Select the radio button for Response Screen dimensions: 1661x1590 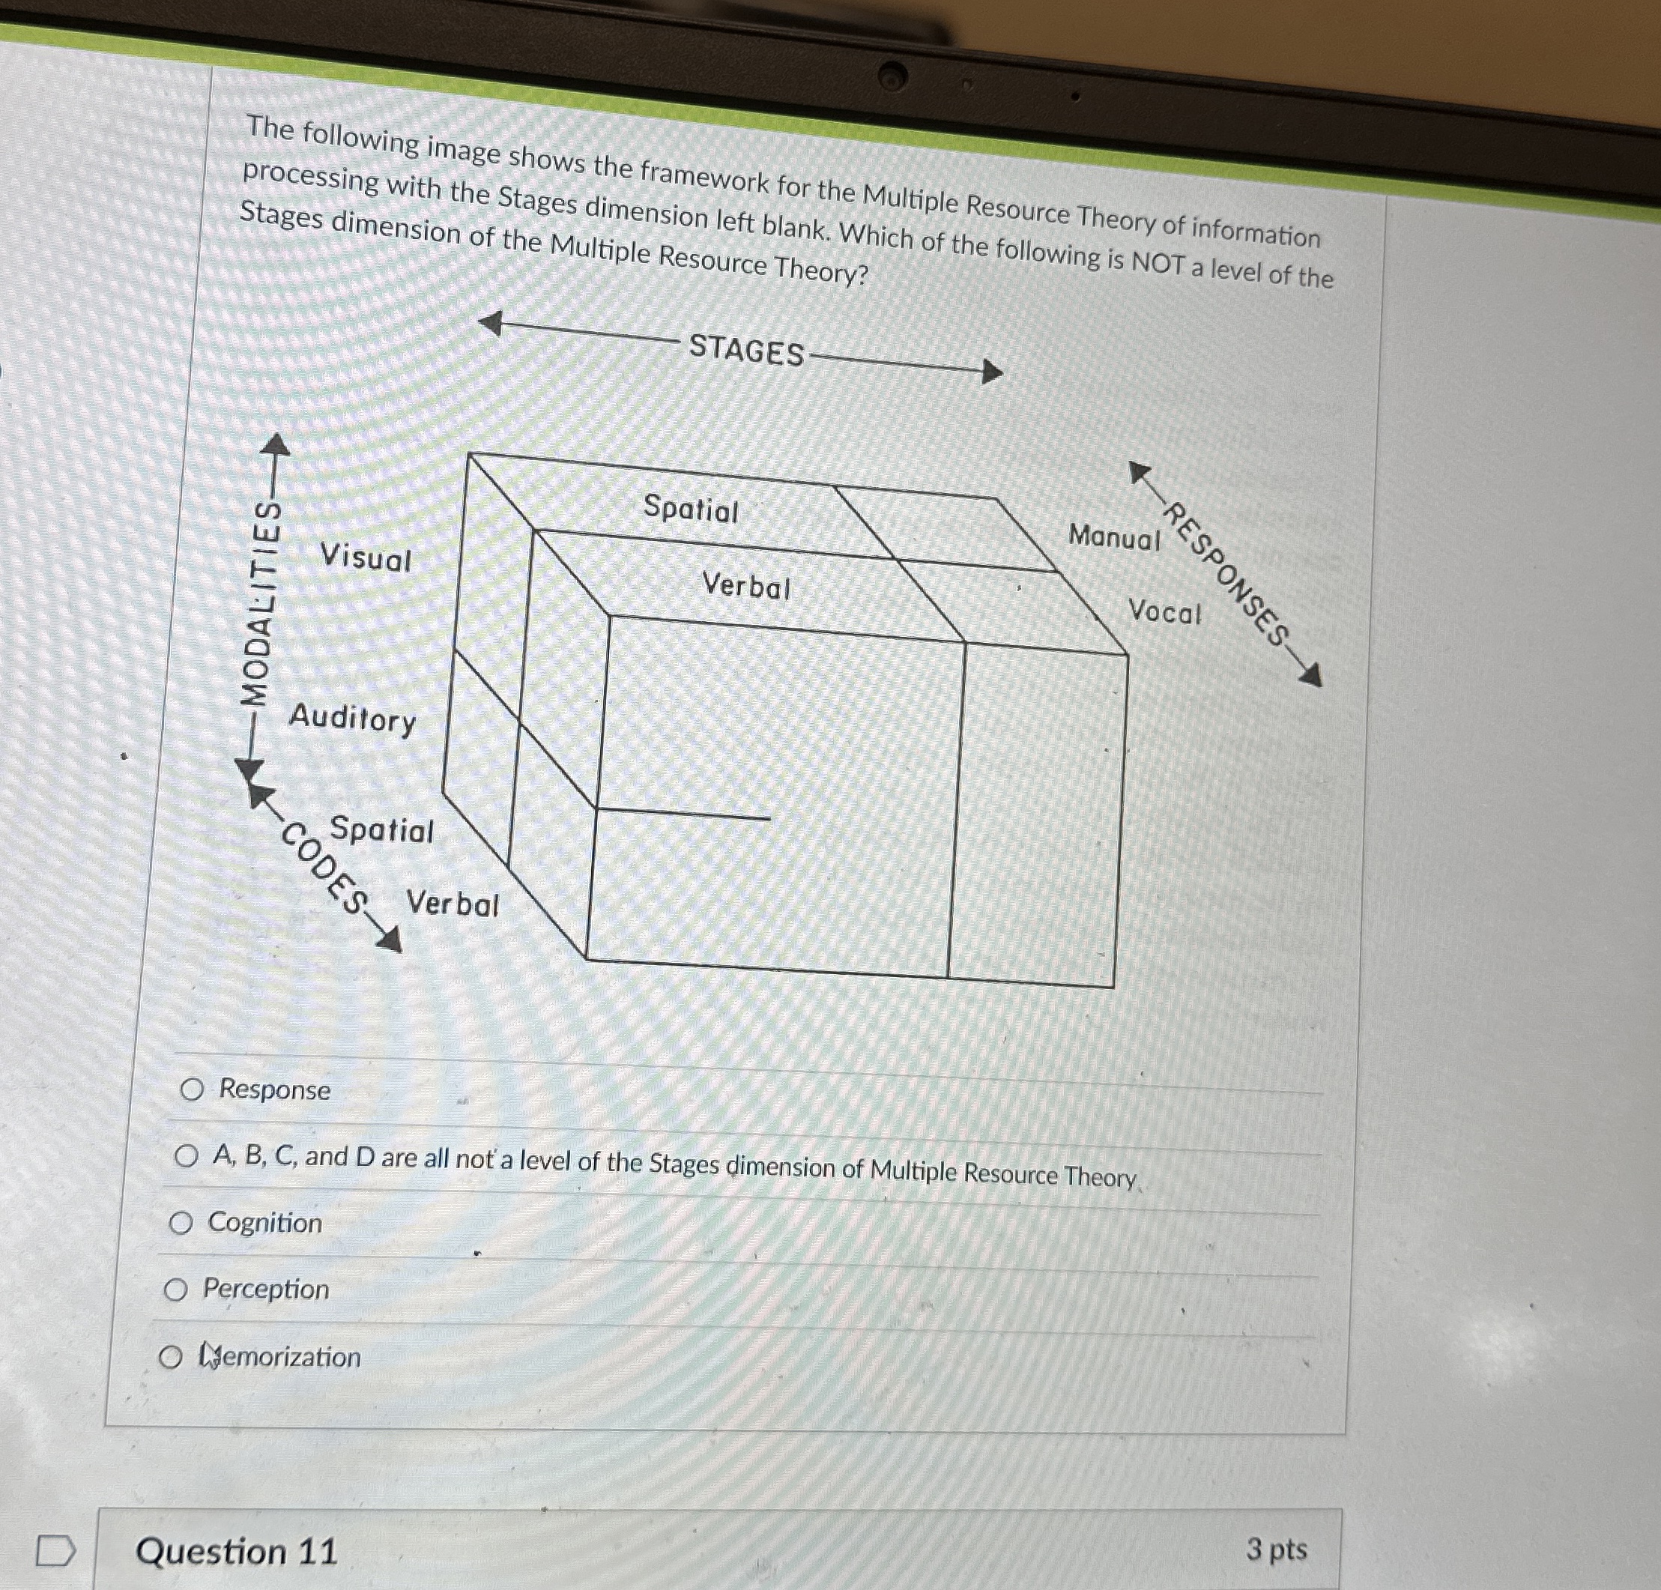coord(193,1089)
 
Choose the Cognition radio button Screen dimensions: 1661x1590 coord(181,1222)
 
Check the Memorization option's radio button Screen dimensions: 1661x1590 coord(170,1358)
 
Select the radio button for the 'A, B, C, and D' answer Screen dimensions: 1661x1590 coord(187,1155)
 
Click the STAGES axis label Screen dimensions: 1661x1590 coord(745,350)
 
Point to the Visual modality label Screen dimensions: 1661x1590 coord(366,557)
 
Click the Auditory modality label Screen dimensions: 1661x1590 coord(353,719)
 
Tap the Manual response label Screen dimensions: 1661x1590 coord(1113,536)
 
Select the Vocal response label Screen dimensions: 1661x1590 coord(1165,611)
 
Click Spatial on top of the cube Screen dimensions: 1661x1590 coord(691,509)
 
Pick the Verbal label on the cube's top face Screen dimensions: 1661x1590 coord(745,586)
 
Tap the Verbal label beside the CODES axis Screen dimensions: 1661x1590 coord(453,904)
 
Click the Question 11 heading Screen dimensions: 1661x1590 coord(237,1551)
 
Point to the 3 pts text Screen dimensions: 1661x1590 coord(1276,1549)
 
